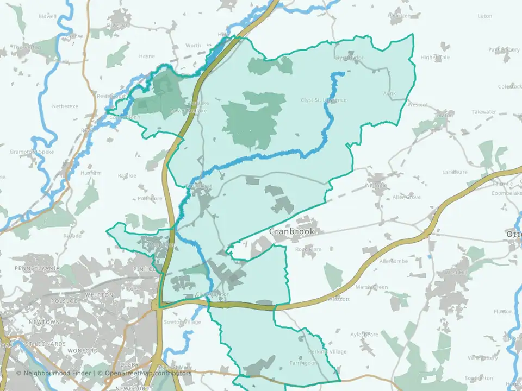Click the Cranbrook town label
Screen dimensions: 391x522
pos(291,232)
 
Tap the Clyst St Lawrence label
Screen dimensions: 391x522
pos(324,100)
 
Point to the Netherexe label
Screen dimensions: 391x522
pos(65,106)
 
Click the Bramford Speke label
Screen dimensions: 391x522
pos(32,152)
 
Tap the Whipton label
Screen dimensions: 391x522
pos(100,295)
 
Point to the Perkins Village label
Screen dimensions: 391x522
pos(327,352)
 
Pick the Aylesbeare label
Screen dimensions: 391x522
pos(364,335)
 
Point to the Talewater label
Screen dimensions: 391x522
pos(484,112)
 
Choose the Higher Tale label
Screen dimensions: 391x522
pos(436,58)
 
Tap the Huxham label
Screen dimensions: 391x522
pos(90,173)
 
